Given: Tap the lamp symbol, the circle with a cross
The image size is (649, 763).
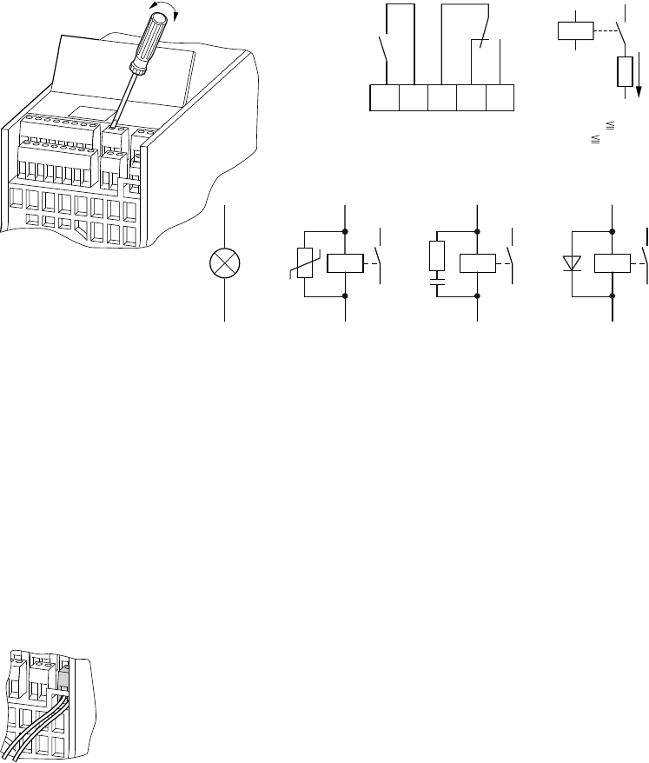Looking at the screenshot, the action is [x=225, y=263].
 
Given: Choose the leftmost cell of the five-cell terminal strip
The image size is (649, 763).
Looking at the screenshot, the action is [x=383, y=97].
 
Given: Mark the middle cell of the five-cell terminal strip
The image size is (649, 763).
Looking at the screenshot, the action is [x=441, y=97].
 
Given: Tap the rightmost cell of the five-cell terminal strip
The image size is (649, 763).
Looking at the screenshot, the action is [x=500, y=97].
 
